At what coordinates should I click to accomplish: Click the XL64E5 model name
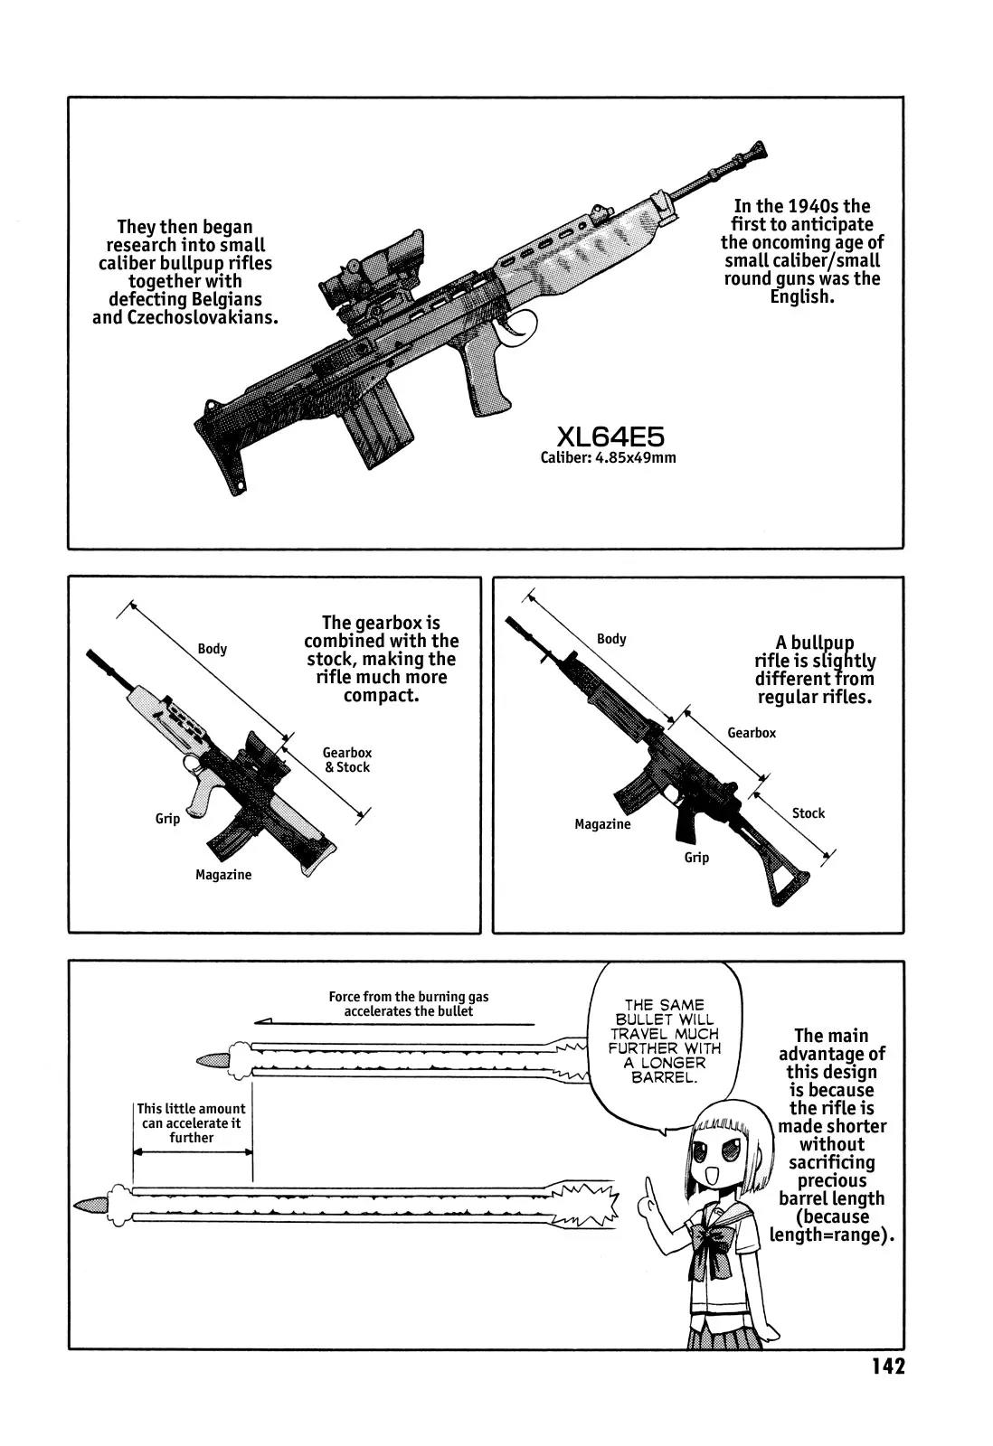[x=610, y=437]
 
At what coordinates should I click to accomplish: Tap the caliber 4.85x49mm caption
[x=608, y=457]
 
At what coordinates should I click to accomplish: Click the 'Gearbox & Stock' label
[x=347, y=760]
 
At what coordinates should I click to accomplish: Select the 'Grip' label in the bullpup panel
[x=167, y=819]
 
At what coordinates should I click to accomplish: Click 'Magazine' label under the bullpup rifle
[x=223, y=875]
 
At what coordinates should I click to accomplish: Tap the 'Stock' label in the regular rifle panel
[x=809, y=813]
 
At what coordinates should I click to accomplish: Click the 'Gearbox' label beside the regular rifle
[x=752, y=733]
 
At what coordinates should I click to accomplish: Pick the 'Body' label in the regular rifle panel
[x=611, y=639]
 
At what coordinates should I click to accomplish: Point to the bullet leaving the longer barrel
[x=90, y=1205]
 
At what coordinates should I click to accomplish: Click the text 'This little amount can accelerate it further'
[x=191, y=1122]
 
